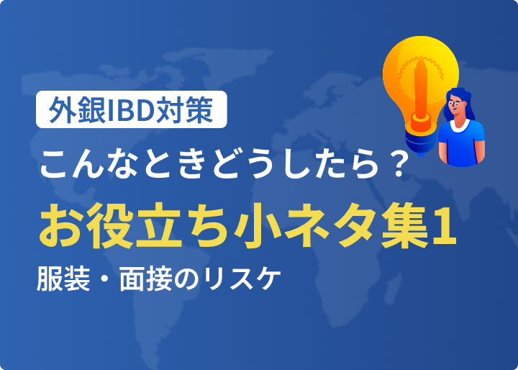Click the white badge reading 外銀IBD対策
(132, 109)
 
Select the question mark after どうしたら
(395, 163)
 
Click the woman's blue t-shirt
(461, 142)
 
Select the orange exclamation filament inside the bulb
(421, 95)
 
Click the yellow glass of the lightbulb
(419, 76)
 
